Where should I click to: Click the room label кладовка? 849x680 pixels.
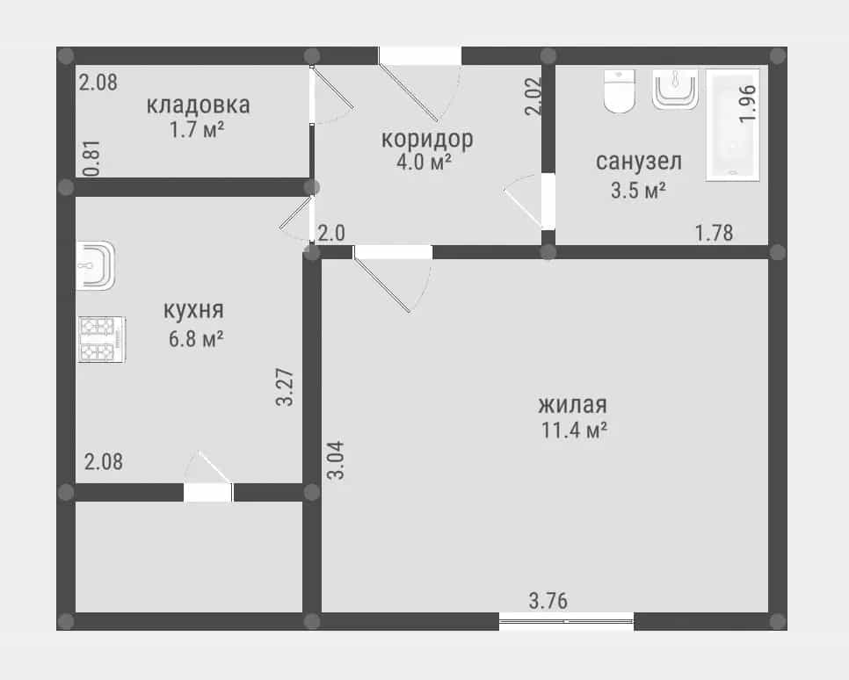tap(198, 105)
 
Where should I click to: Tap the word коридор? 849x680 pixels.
tap(427, 140)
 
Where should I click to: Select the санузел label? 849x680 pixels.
tap(639, 162)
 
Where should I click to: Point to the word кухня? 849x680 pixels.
tap(193, 311)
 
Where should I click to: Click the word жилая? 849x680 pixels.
tap(573, 405)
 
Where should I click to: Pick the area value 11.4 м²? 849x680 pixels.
tap(574, 430)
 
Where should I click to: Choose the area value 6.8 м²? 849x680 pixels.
tap(196, 339)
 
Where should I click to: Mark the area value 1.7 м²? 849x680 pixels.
tap(197, 130)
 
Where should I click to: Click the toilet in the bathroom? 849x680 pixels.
tap(620, 91)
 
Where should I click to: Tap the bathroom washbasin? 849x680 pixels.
tap(675, 90)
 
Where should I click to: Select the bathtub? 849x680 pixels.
tap(733, 125)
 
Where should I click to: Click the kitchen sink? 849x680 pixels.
tap(96, 265)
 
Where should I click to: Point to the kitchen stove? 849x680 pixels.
tap(102, 339)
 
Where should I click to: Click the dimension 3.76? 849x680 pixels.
tap(548, 601)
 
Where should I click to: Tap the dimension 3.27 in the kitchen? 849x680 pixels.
tap(285, 387)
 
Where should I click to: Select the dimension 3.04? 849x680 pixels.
tap(336, 460)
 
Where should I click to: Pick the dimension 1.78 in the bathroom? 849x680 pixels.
tap(715, 233)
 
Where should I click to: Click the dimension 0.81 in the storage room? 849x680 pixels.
tap(92, 158)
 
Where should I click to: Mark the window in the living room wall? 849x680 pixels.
tap(566, 621)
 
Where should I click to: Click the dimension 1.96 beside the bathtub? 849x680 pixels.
tap(747, 104)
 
